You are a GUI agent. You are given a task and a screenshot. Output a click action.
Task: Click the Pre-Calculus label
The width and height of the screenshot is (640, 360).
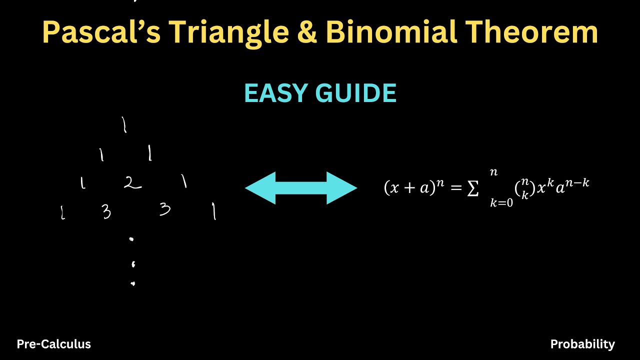pyautogui.click(x=54, y=344)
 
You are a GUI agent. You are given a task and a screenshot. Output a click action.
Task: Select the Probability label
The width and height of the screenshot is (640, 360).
pyautogui.click(x=582, y=344)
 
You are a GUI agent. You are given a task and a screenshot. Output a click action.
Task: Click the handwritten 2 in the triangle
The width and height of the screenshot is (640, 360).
pyautogui.click(x=132, y=183)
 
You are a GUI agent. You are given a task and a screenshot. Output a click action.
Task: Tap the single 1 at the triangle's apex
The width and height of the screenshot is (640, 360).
pyautogui.click(x=124, y=125)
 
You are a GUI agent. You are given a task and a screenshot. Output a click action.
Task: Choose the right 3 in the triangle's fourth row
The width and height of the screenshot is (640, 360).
pyautogui.click(x=165, y=209)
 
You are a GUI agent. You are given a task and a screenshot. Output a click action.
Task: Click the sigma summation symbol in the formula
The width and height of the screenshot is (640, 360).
pyautogui.click(x=472, y=189)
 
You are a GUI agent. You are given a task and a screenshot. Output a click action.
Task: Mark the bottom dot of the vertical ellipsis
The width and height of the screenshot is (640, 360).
pyautogui.click(x=133, y=284)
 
